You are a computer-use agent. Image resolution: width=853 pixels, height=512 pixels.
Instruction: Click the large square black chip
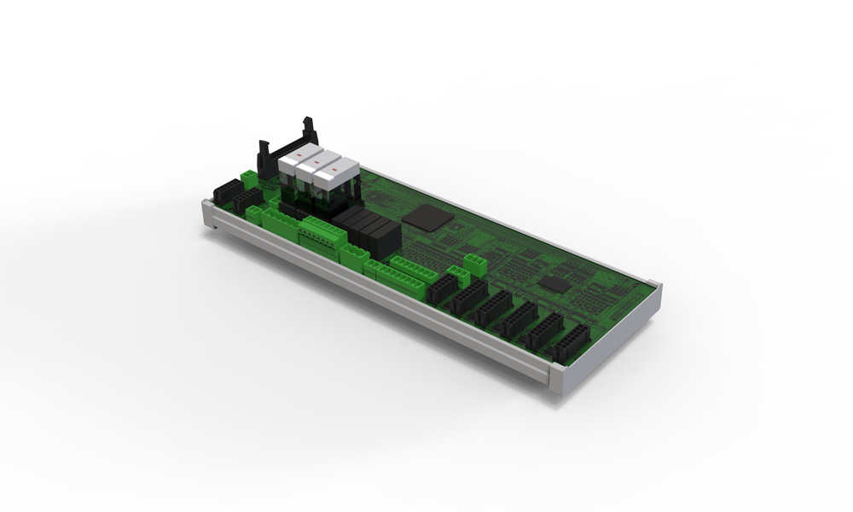[x=427, y=216]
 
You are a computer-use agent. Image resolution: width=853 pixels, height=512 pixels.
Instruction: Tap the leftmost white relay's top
[x=290, y=162]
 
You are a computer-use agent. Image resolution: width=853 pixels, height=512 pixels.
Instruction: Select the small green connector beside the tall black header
[x=247, y=179]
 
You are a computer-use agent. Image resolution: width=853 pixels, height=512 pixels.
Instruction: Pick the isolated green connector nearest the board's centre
[x=475, y=260]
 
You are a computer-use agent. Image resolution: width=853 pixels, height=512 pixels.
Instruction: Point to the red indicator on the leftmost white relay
[x=293, y=154]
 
